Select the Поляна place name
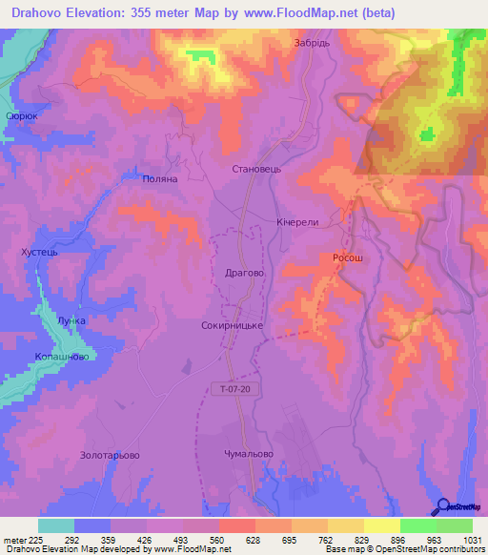point(159,178)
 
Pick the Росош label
point(348,257)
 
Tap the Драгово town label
point(243,272)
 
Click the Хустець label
point(39,253)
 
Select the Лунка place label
point(71,321)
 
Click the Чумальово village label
point(249,454)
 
